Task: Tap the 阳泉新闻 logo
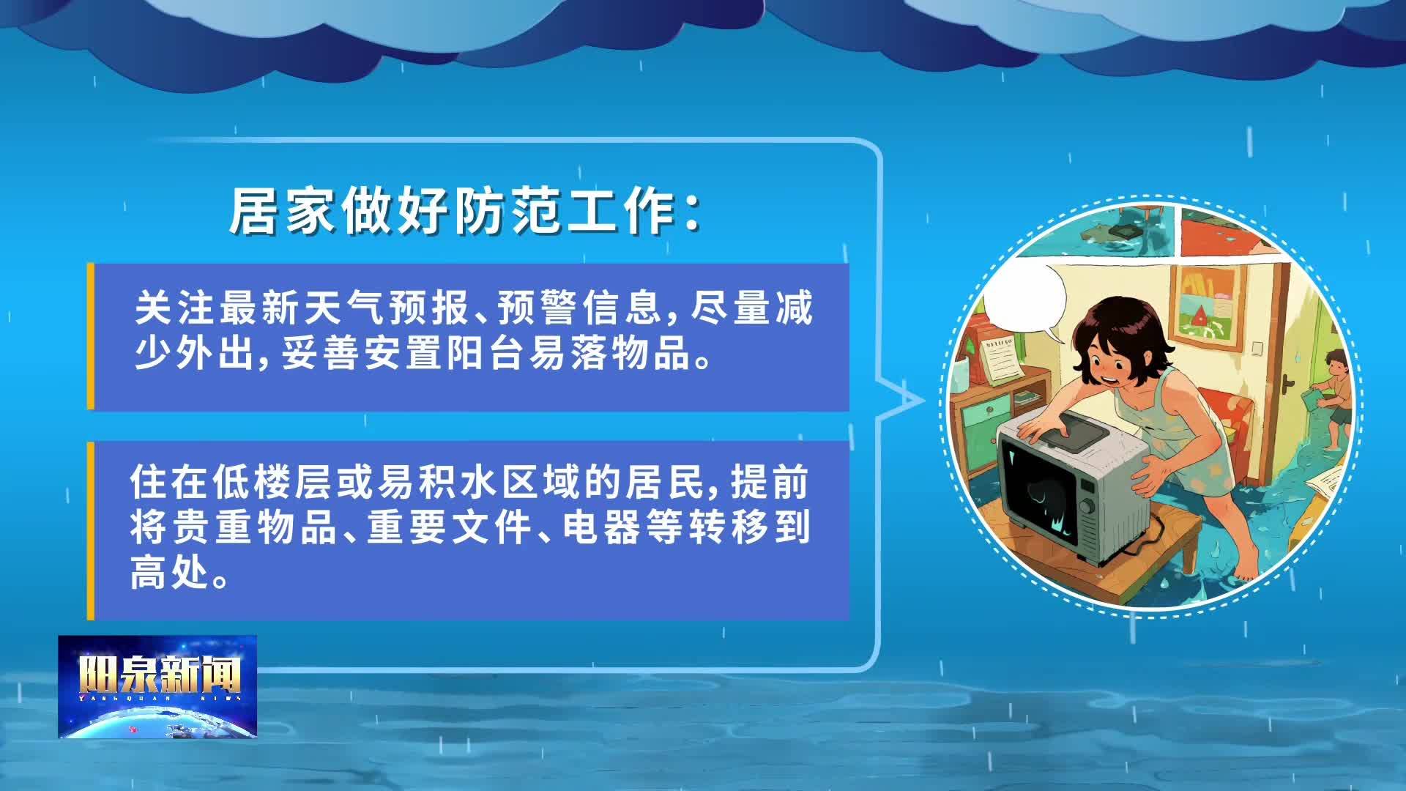click(158, 686)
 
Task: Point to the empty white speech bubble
click(1026, 300)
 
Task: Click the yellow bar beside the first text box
click(91, 336)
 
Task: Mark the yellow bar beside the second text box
click(91, 531)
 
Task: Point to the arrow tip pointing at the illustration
click(924, 400)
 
